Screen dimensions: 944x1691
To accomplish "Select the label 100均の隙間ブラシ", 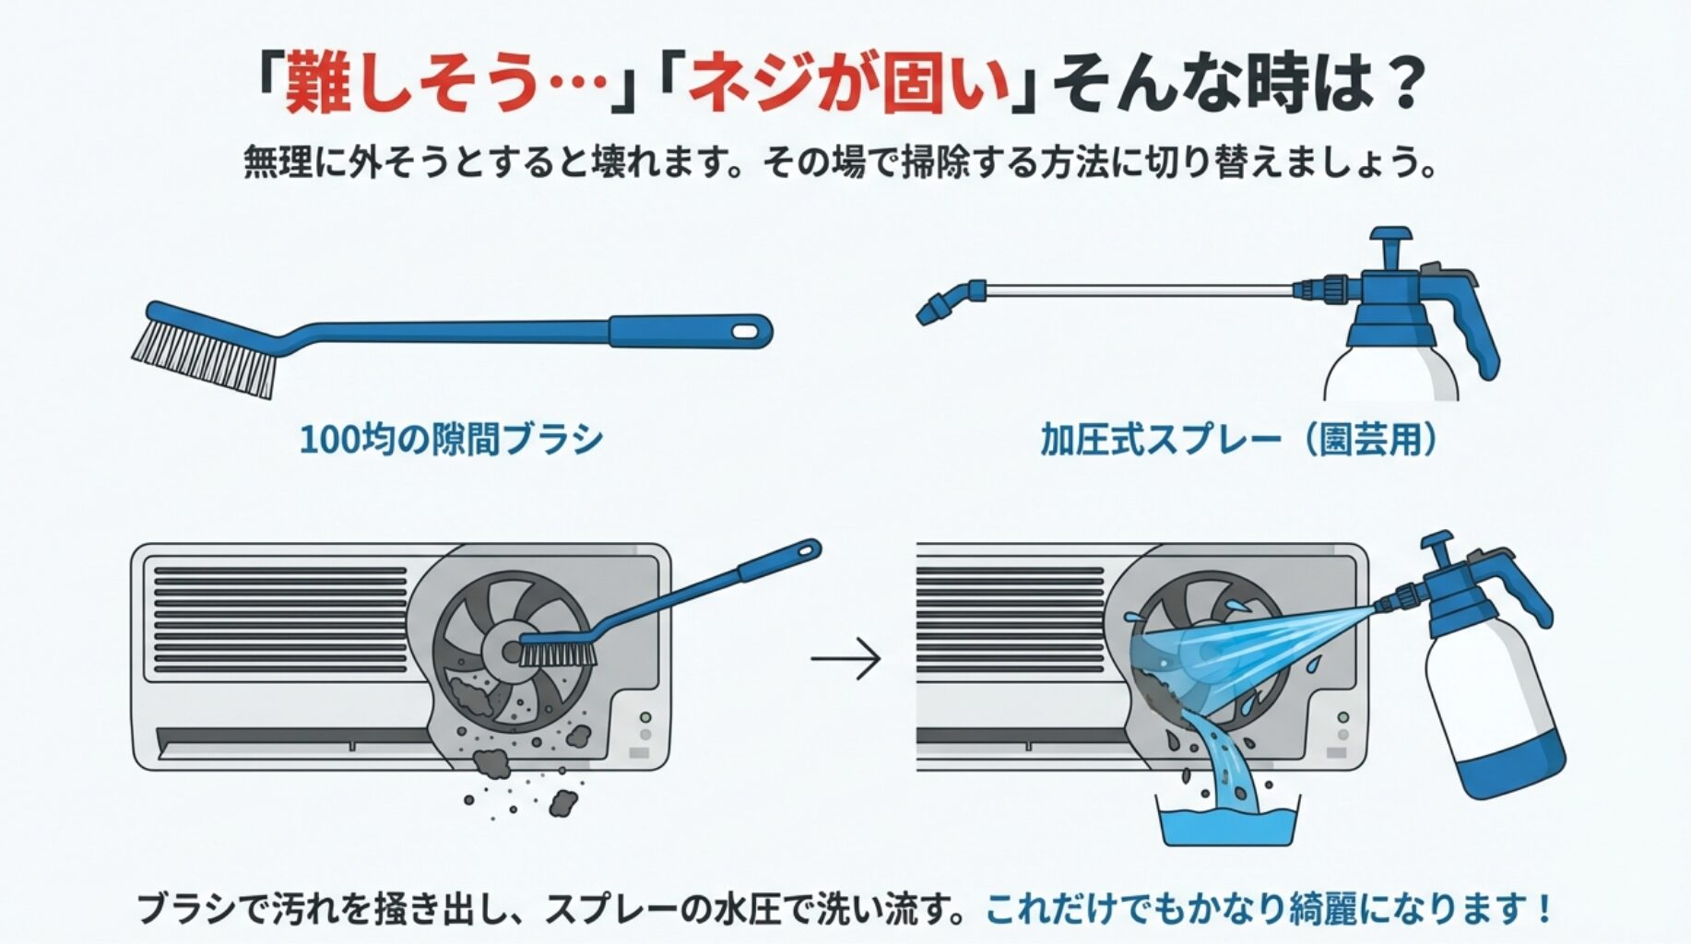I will tap(451, 439).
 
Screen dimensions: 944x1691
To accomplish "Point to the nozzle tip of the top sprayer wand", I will tap(928, 313).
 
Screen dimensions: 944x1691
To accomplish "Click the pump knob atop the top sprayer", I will tap(1390, 237).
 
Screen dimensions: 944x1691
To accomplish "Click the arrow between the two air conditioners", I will tap(845, 658).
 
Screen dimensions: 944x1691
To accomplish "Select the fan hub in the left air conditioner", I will tap(505, 651).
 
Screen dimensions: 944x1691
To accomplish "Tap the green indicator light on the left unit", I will tap(645, 717).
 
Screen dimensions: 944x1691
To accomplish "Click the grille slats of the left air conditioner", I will tap(281, 618).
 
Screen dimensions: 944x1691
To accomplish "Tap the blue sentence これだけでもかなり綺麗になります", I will tap(1268, 909).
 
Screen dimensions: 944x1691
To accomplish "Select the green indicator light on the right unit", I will tap(1343, 717).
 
